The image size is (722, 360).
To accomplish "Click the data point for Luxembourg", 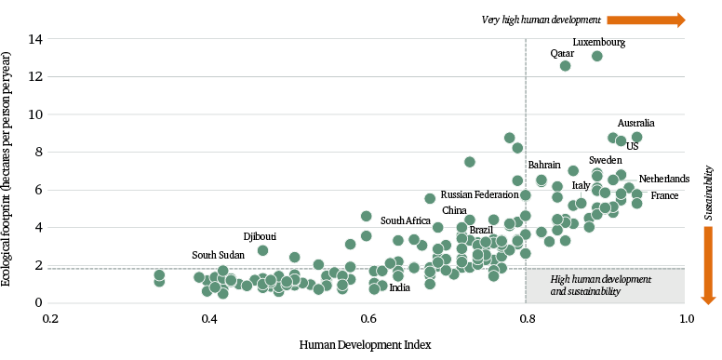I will point(597,56).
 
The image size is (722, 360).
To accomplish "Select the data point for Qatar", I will point(565,65).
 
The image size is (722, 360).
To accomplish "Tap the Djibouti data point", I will point(263,250).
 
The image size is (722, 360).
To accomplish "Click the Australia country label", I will point(636,123).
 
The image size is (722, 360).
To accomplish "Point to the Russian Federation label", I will point(479,195).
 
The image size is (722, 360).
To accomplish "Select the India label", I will point(399,287).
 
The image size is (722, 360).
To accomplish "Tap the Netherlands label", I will point(664,179).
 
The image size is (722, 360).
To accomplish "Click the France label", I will point(664,195).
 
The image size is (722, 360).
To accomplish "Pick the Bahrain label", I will point(544,165).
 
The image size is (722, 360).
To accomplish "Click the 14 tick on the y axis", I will point(35,39).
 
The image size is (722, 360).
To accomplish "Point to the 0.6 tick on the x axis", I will point(368,319).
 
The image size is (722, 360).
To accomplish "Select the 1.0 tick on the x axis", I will point(686,319).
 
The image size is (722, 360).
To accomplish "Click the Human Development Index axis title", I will point(365,345).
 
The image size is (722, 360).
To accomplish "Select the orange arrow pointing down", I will point(707,269).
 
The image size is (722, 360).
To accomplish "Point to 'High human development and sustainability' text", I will point(600,286).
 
